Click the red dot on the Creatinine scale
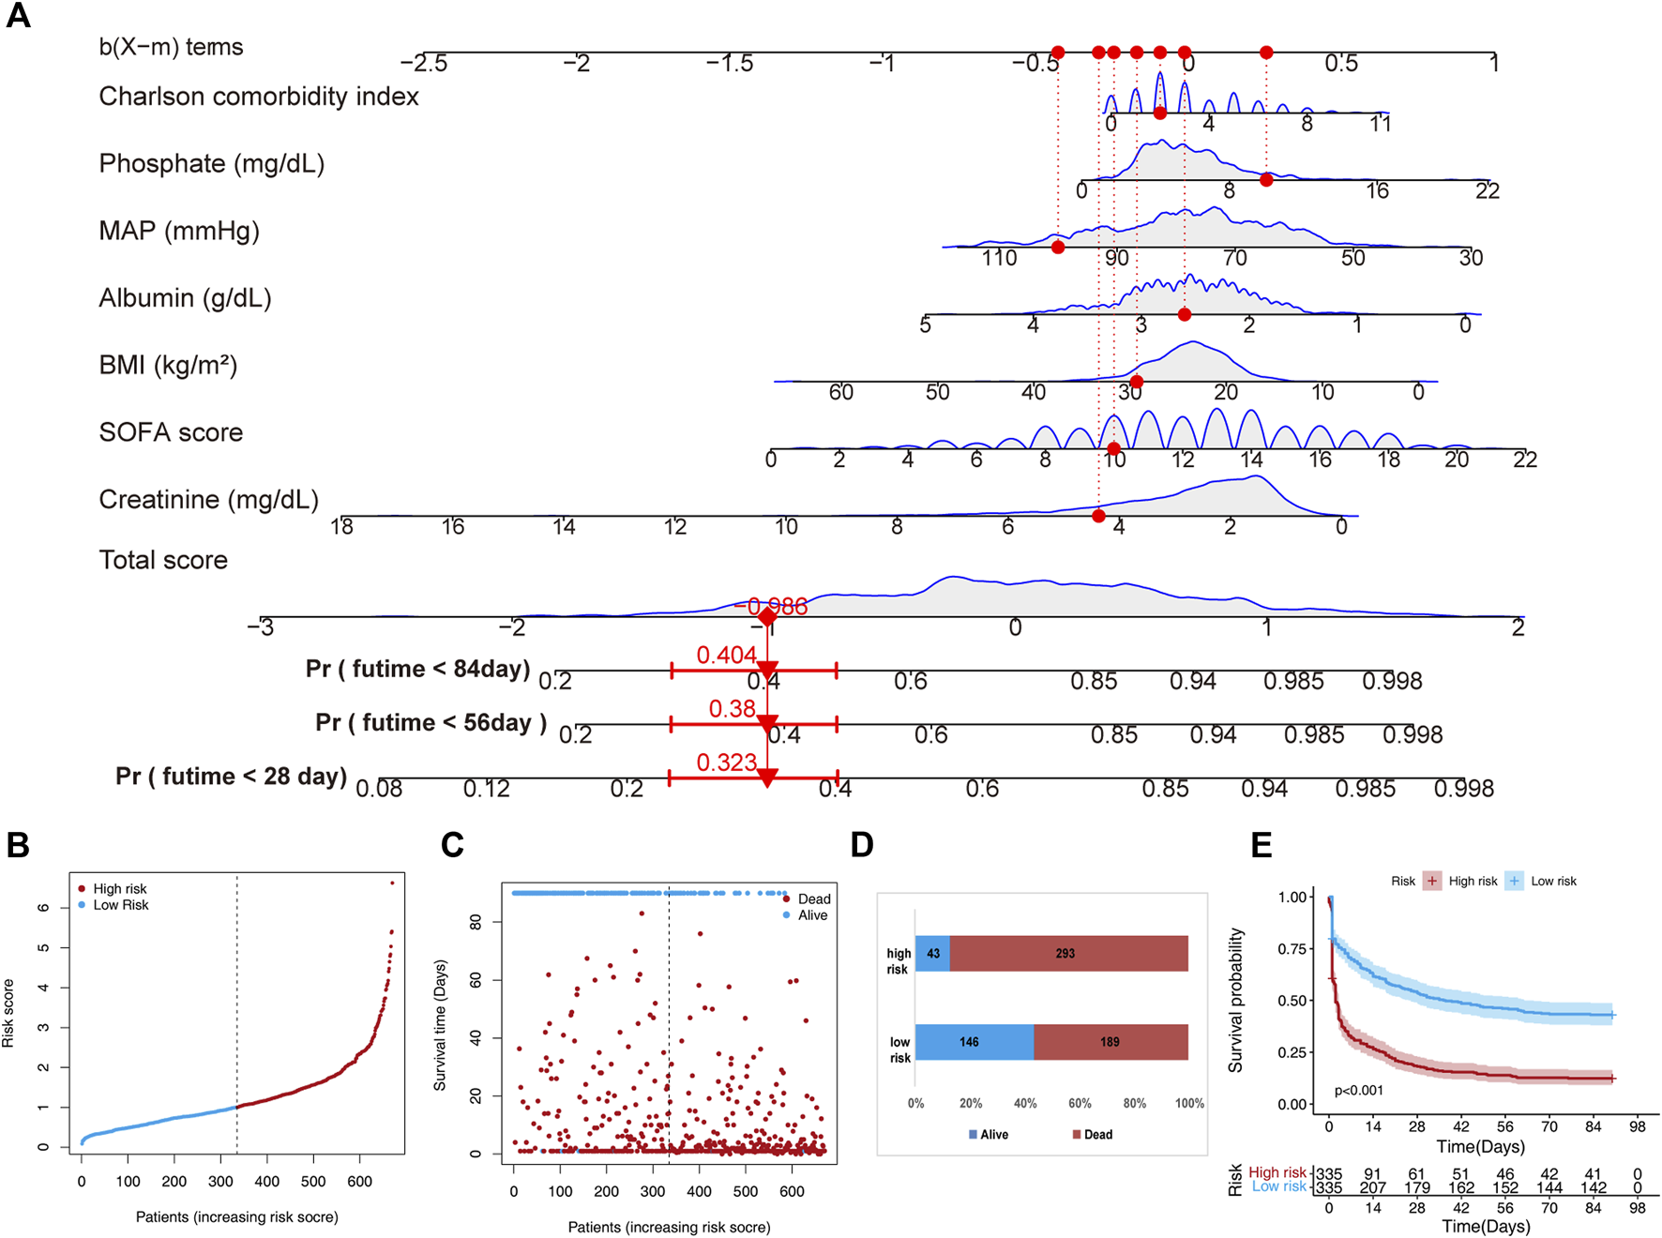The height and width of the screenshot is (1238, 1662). click(x=1098, y=516)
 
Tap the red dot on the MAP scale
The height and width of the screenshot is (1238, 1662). click(x=1058, y=248)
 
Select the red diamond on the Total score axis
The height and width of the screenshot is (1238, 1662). click(x=767, y=617)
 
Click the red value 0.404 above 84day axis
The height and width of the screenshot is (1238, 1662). click(x=726, y=655)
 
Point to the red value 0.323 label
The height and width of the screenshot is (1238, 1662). click(x=726, y=762)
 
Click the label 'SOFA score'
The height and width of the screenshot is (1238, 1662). click(x=171, y=432)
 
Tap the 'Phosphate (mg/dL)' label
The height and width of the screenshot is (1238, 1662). click(x=212, y=164)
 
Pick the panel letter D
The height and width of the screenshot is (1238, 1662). click(x=861, y=845)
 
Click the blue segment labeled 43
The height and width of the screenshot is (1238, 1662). click(x=932, y=953)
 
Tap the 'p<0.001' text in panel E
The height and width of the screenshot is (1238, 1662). click(x=1358, y=1091)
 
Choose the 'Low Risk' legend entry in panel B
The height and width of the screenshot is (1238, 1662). click(x=120, y=905)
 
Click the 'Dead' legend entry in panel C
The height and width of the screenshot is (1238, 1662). click(x=813, y=898)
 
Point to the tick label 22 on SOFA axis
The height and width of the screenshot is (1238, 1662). click(x=1524, y=460)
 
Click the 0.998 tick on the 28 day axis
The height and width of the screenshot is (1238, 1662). click(x=1463, y=789)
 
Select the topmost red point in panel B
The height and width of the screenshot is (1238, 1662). click(x=392, y=883)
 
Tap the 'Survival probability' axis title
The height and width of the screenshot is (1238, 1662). click(x=1235, y=1000)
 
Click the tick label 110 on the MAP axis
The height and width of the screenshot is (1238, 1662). click(x=999, y=258)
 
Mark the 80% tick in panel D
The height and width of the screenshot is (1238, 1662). click(x=1134, y=1104)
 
